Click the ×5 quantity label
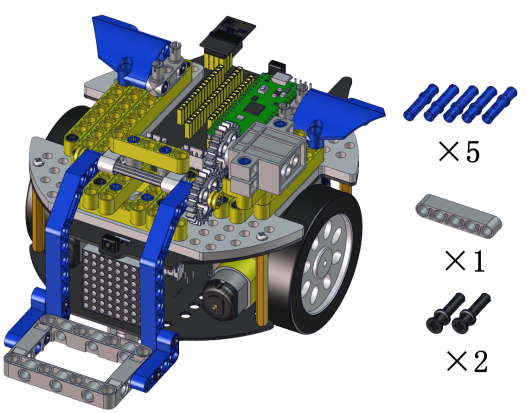tap(459, 152)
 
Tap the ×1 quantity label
tap(465, 260)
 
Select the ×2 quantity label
tap(467, 361)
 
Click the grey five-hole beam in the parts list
tap(459, 216)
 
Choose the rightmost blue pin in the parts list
tap(499, 105)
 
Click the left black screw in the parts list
tap(445, 314)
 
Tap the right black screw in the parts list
tap(471, 314)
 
